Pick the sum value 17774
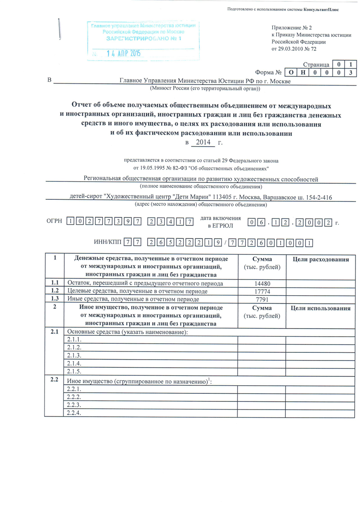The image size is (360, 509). coord(261,291)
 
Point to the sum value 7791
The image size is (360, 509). coord(261,298)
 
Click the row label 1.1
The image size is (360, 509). coord(55,283)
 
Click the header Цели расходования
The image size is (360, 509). coord(321,259)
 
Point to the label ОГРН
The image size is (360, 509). coord(55,221)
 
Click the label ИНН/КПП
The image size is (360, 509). coord(108,242)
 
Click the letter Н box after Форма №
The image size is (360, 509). coord(302,72)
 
